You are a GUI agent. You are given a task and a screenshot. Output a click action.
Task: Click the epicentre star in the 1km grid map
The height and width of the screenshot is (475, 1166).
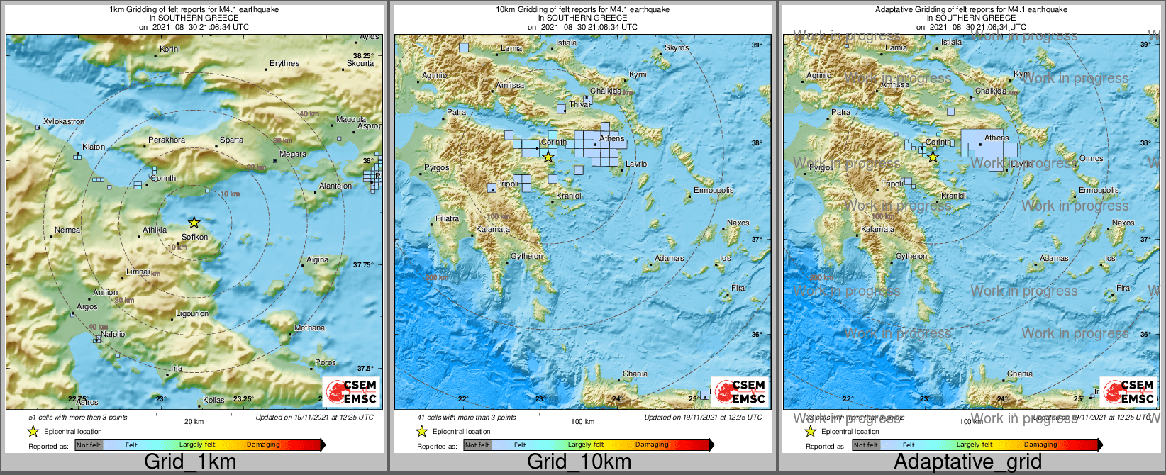[x=194, y=223]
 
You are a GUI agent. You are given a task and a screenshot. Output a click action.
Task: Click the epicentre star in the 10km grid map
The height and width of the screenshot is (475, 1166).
[x=548, y=157]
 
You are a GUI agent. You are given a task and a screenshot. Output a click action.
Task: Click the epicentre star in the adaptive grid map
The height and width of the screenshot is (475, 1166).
[x=933, y=157]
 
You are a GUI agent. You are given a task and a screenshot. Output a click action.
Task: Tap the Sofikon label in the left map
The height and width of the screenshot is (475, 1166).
[x=195, y=237]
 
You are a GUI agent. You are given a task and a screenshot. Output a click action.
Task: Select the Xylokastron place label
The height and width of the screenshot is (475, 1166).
[x=64, y=122]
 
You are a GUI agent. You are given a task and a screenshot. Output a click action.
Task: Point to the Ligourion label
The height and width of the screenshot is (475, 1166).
[x=192, y=313]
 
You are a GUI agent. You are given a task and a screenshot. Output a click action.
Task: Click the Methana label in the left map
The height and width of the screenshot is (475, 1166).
[x=310, y=328]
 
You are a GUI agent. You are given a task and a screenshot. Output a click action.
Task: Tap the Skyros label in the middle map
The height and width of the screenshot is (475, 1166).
[x=677, y=48]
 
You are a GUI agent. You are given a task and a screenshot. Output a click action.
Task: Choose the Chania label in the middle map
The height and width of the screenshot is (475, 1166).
[x=635, y=374]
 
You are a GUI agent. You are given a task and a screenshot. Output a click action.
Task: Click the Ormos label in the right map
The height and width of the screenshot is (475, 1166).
[x=1091, y=158]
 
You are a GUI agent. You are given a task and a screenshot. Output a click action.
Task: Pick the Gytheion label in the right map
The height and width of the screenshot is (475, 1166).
[x=911, y=256]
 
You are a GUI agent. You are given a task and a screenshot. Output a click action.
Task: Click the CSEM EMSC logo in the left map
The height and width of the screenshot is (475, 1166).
[x=350, y=391]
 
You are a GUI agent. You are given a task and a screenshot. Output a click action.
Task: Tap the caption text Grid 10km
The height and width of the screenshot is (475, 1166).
[x=579, y=462]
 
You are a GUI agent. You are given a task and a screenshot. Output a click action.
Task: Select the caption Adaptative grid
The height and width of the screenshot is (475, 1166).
[x=967, y=462]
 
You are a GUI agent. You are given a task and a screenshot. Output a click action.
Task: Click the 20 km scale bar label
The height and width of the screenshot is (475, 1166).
[x=194, y=421]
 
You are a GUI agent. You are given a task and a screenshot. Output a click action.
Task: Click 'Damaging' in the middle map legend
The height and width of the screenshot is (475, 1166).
[x=651, y=445]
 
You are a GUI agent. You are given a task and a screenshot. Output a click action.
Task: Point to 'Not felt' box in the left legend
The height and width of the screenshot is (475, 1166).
[x=89, y=445]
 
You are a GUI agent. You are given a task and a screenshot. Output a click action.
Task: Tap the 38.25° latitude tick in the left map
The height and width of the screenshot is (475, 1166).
[x=363, y=55]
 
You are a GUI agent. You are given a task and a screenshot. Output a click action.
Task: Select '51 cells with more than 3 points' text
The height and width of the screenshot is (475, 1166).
[x=78, y=418]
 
